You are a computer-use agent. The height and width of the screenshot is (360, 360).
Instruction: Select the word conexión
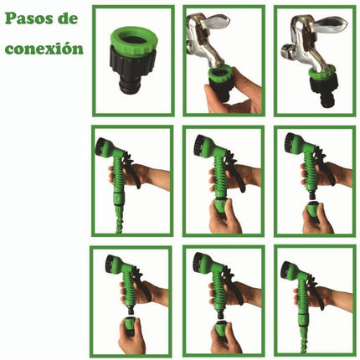coord(44,49)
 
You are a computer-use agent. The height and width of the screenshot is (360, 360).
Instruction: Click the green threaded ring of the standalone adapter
coord(134,39)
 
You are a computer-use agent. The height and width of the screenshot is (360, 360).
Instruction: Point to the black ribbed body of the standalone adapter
coord(131,64)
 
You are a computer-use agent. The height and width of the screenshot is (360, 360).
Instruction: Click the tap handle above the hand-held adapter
coord(214,21)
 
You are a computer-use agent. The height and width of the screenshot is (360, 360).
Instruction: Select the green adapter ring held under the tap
coord(222,76)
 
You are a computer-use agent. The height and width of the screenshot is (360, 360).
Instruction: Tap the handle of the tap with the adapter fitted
coord(330,24)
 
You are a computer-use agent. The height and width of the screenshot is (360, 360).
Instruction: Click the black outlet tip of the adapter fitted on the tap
coord(327,102)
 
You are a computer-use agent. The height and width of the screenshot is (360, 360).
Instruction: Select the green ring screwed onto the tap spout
coord(322,72)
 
